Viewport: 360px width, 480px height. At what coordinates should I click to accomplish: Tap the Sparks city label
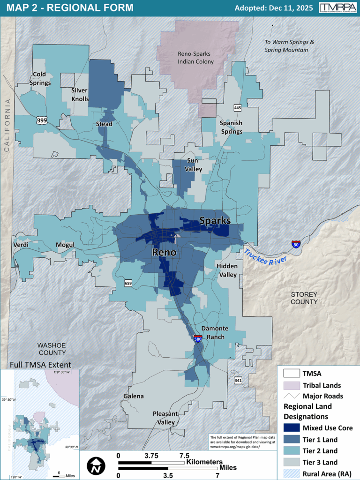215,220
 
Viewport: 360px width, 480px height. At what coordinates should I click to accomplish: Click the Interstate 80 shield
296,244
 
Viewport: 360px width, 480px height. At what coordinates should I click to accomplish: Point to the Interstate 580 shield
198,338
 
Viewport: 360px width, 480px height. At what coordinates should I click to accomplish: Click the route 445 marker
238,107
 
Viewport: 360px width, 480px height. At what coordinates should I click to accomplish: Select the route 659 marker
128,283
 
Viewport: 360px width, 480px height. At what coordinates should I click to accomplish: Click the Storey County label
304,298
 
